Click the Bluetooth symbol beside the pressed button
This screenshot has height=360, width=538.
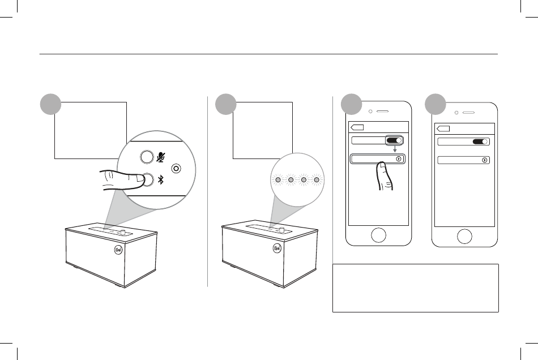[161, 179]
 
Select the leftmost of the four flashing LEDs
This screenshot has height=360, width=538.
[277, 180]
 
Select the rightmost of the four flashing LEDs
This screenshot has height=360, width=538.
[317, 180]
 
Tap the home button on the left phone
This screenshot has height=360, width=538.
[378, 235]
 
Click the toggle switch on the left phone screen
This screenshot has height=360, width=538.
[395, 140]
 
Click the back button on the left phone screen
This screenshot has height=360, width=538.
[357, 127]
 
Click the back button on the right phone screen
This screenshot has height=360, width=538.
[443, 128]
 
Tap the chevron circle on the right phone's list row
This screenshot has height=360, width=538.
[485, 160]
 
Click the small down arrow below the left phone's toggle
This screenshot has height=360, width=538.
[395, 150]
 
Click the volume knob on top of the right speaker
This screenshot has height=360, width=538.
[281, 230]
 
